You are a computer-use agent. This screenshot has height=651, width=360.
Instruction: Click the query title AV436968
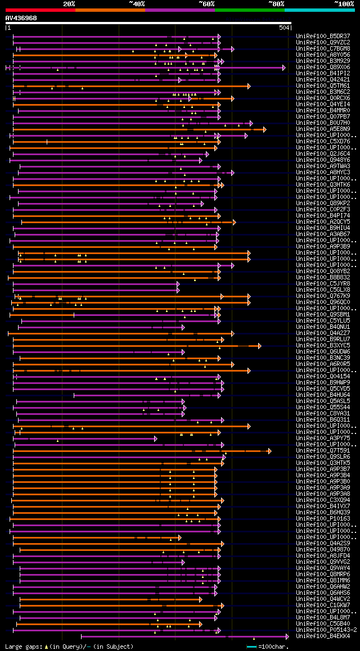coord(21,18)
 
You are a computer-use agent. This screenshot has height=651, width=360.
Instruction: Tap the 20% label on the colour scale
coord(69,4)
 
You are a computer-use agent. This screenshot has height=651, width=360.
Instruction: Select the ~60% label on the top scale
coord(206,4)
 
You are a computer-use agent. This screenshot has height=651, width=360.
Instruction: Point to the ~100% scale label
coord(344,4)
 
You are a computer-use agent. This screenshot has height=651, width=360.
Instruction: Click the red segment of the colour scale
coord(40,10)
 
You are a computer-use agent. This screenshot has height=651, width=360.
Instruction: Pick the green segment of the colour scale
coord(249,10)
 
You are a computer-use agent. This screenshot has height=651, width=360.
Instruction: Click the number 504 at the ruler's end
coord(284,28)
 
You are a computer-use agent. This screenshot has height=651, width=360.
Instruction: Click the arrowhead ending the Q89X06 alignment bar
coord(284,67)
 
